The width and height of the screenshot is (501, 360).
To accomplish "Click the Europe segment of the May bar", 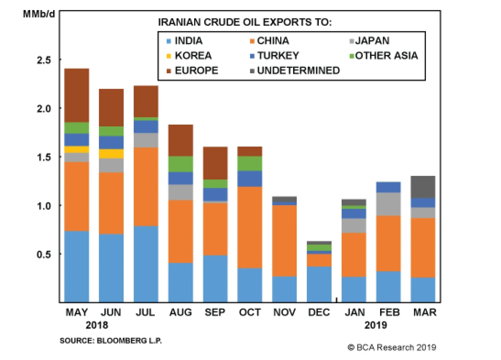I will pos(77,95).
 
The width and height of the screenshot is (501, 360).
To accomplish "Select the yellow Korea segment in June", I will pos(111,154).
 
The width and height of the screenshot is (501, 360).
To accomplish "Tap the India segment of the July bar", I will pos(146,264).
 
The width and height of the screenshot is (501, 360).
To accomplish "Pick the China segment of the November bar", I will pos(284,240).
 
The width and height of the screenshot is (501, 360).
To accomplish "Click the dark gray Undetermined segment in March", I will pos(423,187).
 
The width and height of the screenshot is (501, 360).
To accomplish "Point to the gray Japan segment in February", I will pos(388,204).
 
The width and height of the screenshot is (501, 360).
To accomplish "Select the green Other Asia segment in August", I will pos(181,164).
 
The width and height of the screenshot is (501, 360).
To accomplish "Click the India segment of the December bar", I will pos(319,284).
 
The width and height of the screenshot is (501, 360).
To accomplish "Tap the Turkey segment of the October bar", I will pos(250,178).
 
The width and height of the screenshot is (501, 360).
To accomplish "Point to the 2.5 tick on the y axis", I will pos(44,60).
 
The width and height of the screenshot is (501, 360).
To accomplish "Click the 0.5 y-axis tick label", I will pos(44,254).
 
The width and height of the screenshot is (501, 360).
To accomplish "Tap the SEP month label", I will pos(215,312).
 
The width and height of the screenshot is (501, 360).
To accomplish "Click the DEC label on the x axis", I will pos(319,312).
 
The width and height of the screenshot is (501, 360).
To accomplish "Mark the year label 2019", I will pos(375,325).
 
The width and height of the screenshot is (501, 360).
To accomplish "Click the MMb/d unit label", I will pos(39,14).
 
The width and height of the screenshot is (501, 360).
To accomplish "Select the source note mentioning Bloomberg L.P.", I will pos(111,341).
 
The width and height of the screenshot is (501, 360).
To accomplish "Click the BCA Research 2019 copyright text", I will pos(392,347).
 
